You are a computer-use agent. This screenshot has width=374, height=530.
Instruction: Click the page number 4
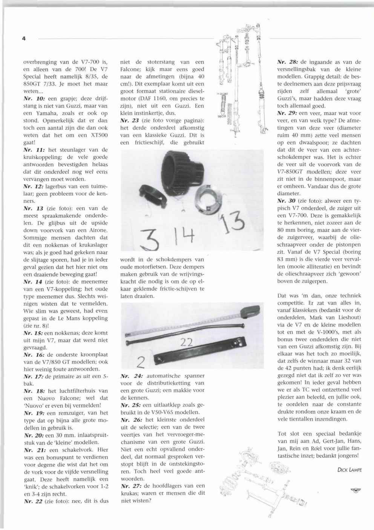24,38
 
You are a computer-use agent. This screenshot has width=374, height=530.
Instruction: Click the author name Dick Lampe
349,469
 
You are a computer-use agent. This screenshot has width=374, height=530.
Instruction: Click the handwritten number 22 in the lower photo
187,343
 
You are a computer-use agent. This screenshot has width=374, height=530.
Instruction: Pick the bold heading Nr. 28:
287,62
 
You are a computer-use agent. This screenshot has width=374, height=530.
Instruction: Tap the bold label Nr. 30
286,201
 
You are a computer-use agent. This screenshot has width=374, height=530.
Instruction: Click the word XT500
100,135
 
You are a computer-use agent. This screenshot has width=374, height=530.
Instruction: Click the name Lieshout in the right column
346,317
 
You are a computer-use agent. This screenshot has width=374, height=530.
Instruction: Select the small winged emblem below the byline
355,490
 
